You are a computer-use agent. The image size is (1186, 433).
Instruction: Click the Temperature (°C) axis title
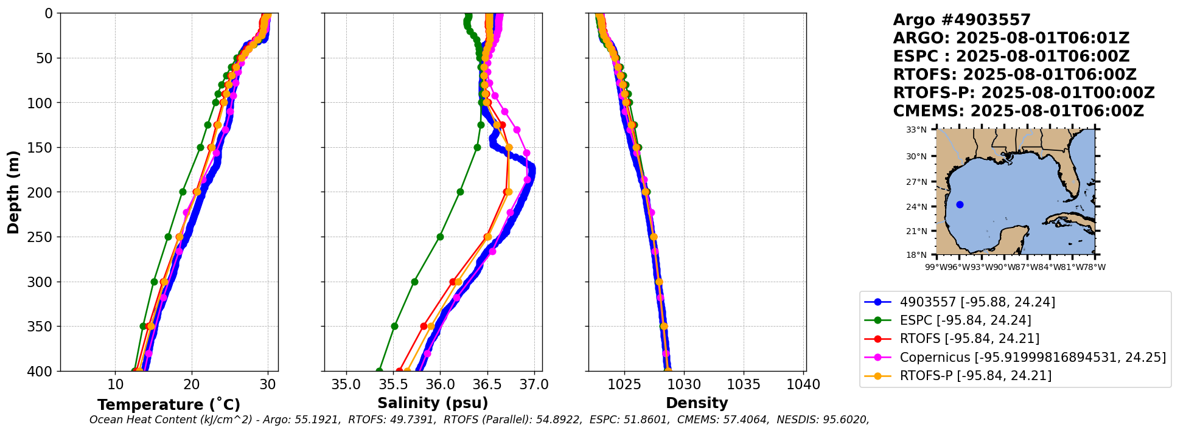169,404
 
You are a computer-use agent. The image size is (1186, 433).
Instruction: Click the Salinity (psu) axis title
433,403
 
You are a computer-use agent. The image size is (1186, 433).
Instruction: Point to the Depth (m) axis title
13,192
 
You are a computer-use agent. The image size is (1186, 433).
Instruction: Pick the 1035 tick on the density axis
744,385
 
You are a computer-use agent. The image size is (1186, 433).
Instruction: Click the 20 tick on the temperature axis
192,385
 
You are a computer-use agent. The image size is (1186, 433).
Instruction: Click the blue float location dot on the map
960,204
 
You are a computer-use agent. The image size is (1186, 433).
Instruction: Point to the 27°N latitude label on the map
916,182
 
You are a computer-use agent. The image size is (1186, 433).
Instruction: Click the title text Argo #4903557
961,20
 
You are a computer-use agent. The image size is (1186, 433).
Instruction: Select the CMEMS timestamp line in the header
1018,111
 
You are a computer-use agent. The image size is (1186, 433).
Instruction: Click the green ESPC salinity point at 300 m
414,282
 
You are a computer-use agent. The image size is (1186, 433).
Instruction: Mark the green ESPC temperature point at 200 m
183,192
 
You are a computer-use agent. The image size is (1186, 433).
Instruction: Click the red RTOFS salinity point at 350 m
424,326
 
